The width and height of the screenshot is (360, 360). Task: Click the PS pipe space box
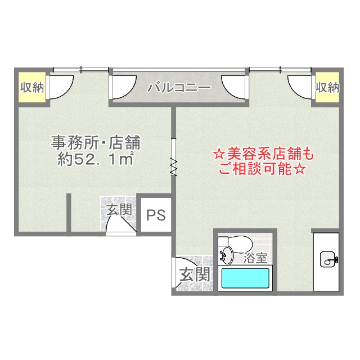156,215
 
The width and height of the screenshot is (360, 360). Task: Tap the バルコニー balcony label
179,88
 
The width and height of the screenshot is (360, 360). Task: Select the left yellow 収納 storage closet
31,88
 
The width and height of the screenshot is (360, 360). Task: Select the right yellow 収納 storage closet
327,88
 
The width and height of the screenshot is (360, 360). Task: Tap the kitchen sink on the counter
328,259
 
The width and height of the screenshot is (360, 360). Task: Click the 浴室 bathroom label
256,259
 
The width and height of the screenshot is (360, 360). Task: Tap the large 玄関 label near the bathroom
195,274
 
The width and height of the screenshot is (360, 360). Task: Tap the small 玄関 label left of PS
120,210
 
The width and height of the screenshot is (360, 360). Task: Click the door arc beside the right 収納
300,85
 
